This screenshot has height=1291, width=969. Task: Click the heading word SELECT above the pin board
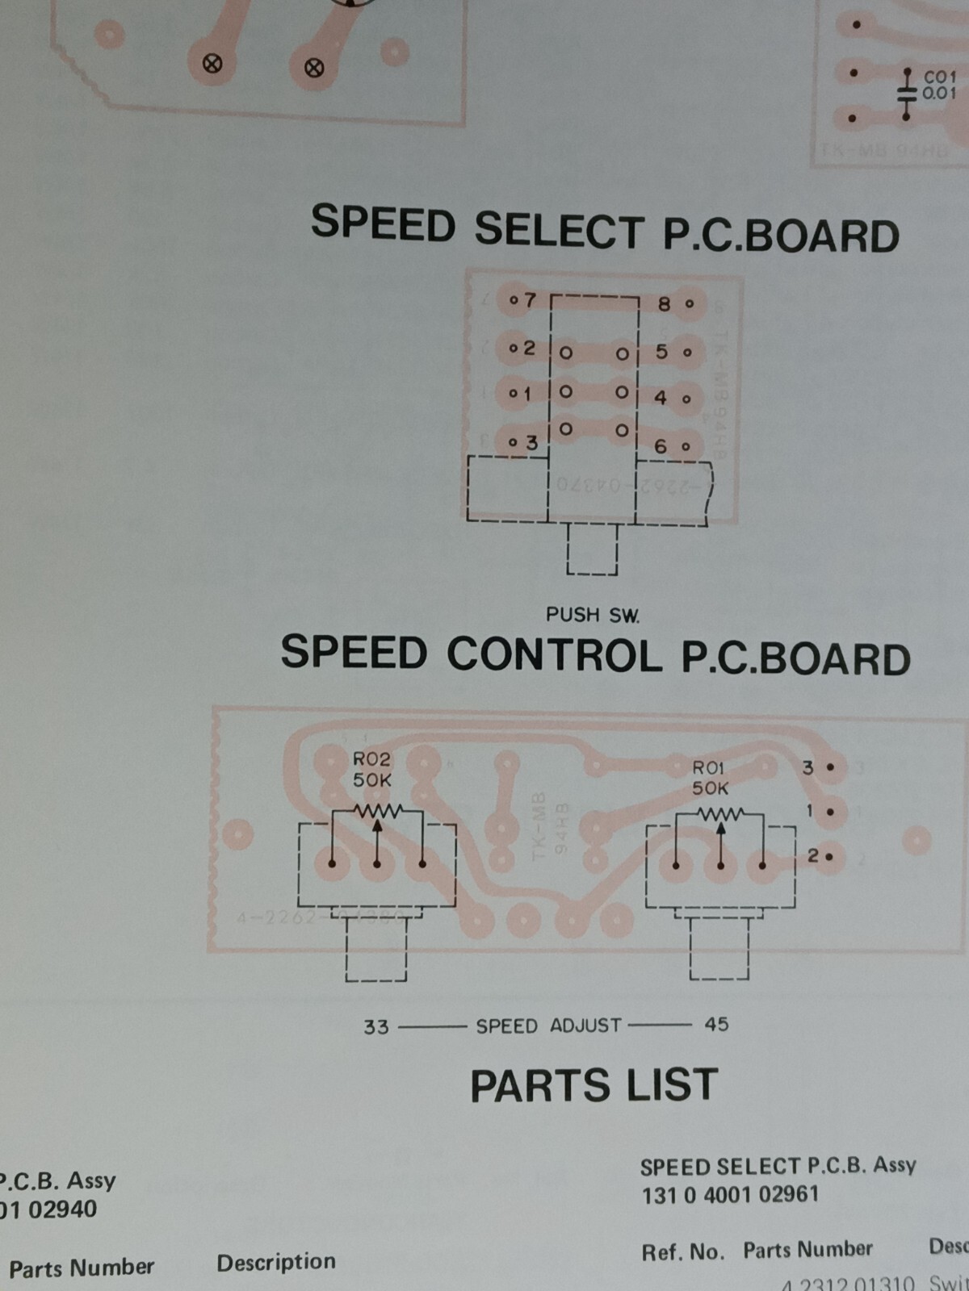(x=559, y=231)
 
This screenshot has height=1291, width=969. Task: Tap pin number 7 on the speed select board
(x=529, y=300)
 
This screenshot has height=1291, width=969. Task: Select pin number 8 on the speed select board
(x=665, y=304)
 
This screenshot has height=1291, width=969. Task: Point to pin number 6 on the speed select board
(x=661, y=445)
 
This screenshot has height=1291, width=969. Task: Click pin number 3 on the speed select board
(x=531, y=442)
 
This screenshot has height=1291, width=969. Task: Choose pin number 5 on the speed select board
(x=661, y=352)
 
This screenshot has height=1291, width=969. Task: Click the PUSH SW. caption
(x=593, y=615)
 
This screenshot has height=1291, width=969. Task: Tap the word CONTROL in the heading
(x=552, y=654)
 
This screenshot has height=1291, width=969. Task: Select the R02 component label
(x=371, y=759)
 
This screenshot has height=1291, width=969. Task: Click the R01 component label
(x=709, y=767)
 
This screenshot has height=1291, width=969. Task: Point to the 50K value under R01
(x=710, y=788)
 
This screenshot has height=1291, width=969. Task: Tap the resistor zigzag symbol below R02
(x=377, y=809)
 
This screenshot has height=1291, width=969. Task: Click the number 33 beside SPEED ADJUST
(x=375, y=1027)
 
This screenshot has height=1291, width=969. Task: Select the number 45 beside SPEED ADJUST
(x=716, y=1024)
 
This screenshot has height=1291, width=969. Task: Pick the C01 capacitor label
(x=939, y=77)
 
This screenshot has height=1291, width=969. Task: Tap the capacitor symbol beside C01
(x=907, y=94)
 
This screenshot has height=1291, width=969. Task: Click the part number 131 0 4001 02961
(x=730, y=1194)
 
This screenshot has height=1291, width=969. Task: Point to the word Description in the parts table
(x=276, y=1262)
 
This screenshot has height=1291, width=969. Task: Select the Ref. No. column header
(x=682, y=1252)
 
